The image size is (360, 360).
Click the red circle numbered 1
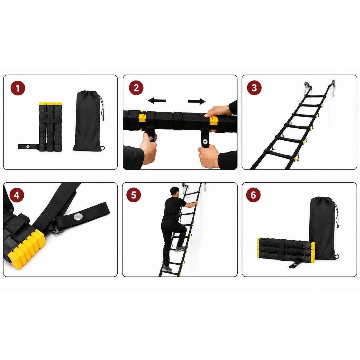click(x=18, y=88)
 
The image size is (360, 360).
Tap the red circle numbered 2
click(x=136, y=88)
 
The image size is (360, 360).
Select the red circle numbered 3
click(x=254, y=88)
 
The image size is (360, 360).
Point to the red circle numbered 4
click(x=16, y=195)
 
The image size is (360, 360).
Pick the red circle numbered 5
click(x=133, y=195)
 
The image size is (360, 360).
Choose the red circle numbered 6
click(x=253, y=195)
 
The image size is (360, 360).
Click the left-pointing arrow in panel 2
click(x=157, y=100)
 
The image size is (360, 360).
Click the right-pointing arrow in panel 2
click(x=196, y=101)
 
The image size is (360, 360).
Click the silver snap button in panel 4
click(x=76, y=217)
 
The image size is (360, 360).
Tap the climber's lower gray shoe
click(x=166, y=268)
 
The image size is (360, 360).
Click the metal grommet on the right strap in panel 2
click(x=205, y=142)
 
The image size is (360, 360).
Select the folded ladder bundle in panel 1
click(x=50, y=127)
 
